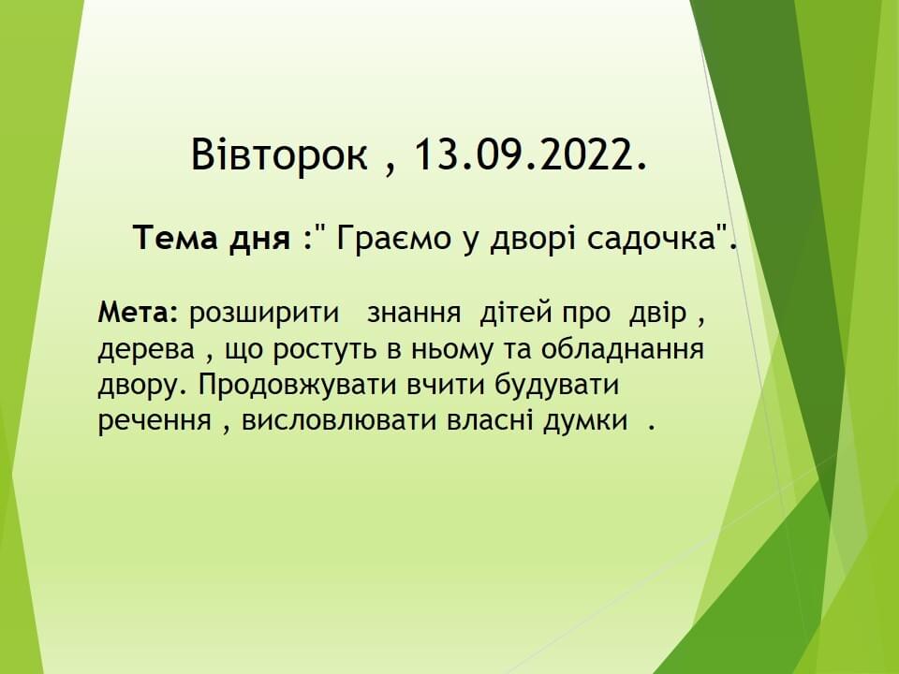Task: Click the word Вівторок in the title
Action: click(279, 154)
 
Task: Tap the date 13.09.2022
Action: click(530, 154)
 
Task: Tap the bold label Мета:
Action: click(139, 313)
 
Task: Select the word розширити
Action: click(264, 315)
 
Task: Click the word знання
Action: click(414, 315)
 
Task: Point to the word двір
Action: click(657, 315)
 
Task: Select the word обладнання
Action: click(622, 350)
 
